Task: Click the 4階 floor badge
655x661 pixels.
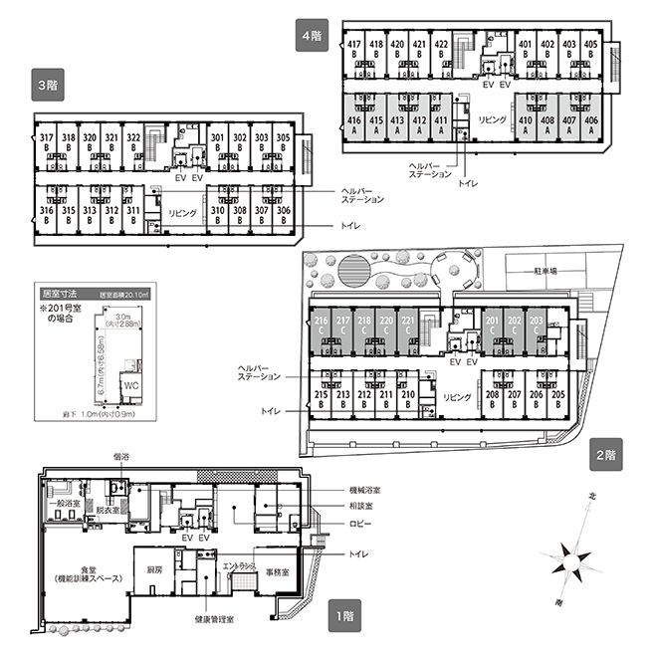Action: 313,34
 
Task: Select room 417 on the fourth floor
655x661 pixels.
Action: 354,50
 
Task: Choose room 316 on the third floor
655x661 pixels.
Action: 46,215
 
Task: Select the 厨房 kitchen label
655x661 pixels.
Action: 154,570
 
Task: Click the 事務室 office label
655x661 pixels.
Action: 277,572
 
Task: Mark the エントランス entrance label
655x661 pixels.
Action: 243,565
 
